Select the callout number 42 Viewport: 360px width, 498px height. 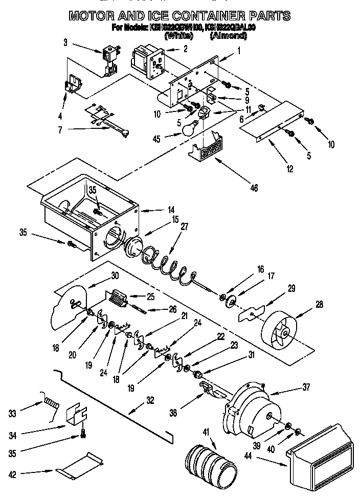(x=13, y=474)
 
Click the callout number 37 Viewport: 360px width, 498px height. (x=305, y=387)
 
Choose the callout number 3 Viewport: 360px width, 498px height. (x=66, y=43)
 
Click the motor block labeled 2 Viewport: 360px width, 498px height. (x=145, y=61)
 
